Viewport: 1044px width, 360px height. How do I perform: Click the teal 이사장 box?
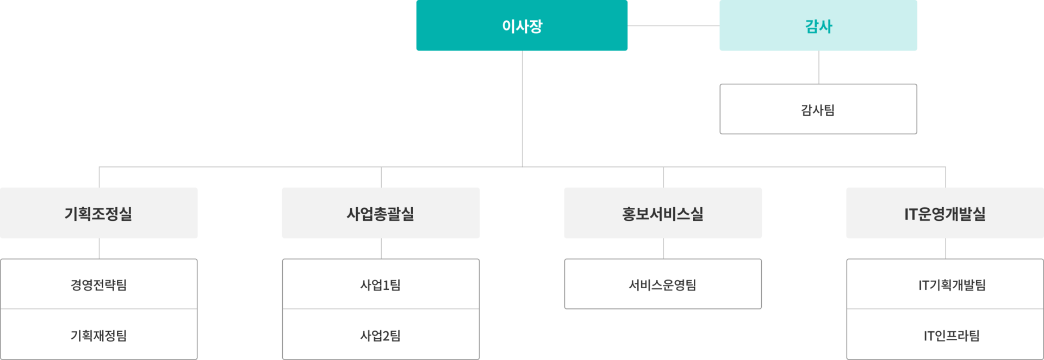[x=521, y=26]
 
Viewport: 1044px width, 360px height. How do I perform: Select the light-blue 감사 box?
[x=818, y=26]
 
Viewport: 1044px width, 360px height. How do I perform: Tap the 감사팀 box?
[x=818, y=109]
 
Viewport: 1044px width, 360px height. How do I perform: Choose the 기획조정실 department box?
[x=99, y=213]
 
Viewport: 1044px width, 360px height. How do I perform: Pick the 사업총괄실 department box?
[x=381, y=213]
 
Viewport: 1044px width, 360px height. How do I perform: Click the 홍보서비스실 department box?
[x=663, y=213]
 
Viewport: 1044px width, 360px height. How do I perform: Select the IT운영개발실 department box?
[x=945, y=213]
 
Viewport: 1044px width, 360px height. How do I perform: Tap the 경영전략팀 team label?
[x=99, y=284]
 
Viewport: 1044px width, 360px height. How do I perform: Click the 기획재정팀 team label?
[x=99, y=336]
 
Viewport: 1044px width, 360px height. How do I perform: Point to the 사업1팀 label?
[x=381, y=284]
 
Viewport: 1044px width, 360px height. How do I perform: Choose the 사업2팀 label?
[x=381, y=336]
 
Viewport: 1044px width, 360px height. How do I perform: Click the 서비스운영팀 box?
[x=663, y=284]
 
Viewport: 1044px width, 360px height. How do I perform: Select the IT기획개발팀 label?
[x=952, y=284]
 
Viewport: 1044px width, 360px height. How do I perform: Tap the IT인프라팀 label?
[x=952, y=336]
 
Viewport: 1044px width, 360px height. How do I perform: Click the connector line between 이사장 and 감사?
[x=673, y=26]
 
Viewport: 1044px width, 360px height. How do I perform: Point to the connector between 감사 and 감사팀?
[x=819, y=67]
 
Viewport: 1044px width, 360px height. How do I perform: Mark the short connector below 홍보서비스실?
[x=664, y=249]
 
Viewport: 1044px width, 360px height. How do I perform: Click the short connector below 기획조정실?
[x=100, y=249]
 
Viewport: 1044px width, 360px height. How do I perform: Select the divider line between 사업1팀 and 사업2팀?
[x=381, y=309]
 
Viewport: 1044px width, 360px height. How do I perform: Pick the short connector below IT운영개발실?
[x=946, y=249]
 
